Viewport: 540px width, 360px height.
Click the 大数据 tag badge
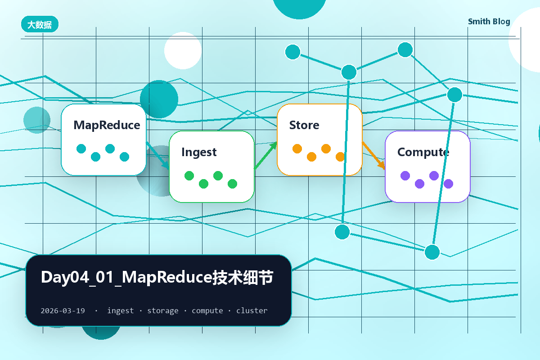tap(40, 24)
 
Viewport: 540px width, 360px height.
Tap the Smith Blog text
tap(489, 22)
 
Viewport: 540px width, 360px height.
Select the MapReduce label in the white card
tap(107, 126)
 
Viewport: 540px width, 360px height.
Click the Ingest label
tap(199, 152)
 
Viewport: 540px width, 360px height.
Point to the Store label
tap(304, 125)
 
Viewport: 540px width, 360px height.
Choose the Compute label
tap(423, 153)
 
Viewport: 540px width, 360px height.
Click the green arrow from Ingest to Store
tap(265, 156)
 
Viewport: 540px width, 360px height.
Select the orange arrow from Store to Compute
tap(373, 156)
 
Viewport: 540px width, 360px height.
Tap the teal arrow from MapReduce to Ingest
tap(157, 156)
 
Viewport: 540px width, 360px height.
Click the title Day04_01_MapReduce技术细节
tap(157, 277)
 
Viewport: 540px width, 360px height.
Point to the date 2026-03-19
tap(63, 310)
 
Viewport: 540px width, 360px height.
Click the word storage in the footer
tap(163, 311)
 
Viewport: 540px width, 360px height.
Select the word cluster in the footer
tap(252, 310)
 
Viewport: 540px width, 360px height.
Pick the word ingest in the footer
tap(120, 311)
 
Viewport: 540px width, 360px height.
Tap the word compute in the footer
tap(207, 311)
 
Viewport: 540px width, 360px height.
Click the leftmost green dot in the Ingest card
tap(189, 176)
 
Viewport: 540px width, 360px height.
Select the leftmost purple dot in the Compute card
tap(405, 176)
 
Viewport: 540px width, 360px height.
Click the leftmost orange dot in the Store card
tap(297, 149)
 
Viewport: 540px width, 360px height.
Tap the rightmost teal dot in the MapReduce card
tap(124, 157)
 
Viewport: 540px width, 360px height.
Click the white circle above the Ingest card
tap(183, 51)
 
